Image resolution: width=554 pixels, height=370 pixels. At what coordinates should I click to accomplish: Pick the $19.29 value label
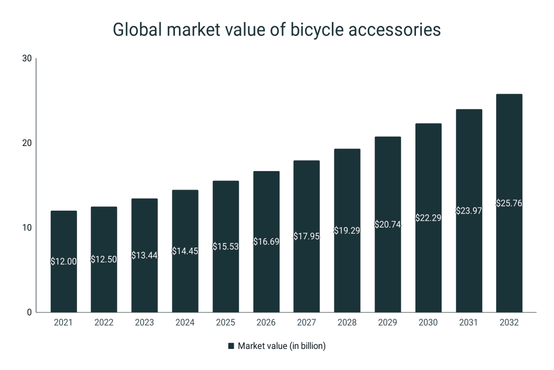pos(347,231)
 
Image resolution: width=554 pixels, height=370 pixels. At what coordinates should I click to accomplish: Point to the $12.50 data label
pos(104,260)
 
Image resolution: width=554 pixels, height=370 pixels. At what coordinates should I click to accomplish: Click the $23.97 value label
pos(468,211)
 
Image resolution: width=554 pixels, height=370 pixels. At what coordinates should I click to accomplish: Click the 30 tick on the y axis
pos(27,59)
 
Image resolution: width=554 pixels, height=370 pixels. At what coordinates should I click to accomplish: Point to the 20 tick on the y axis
pos(27,143)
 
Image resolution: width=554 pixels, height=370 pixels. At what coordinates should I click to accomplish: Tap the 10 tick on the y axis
pos(27,228)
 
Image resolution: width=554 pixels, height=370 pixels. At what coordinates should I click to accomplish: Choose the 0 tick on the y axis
pos(29,312)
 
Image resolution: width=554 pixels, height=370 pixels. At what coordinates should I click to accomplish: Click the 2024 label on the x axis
pos(185,323)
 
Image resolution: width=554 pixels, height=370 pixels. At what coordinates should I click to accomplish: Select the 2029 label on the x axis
pos(388,323)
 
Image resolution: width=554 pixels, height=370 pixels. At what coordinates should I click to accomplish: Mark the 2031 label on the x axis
pos(468,323)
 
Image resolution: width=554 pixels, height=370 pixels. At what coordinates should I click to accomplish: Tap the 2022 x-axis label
pos(104,323)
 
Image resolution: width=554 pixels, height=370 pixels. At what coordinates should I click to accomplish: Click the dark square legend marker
pos(231,346)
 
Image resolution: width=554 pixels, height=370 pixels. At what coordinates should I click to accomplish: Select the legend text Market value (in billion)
pos(282,346)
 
